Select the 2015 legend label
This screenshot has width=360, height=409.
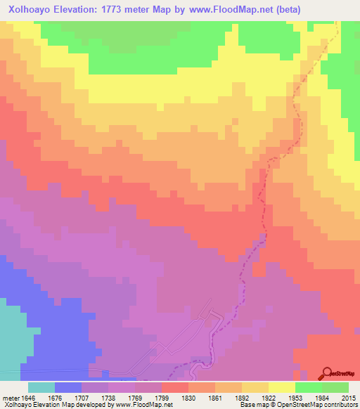(x=348, y=398)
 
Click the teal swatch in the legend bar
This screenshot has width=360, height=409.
(x=41, y=387)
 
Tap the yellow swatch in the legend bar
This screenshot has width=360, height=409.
(x=281, y=387)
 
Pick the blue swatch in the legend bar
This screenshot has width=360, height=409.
(x=67, y=387)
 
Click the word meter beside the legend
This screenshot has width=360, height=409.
(x=9, y=398)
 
